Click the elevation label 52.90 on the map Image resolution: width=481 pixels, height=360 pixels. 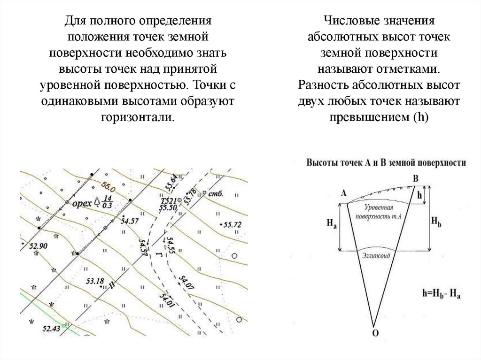(39, 245)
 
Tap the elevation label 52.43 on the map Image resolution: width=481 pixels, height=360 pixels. (52, 328)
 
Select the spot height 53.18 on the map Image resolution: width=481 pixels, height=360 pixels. (95, 281)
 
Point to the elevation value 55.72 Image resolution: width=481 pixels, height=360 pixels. (233, 225)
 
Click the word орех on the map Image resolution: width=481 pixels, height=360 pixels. (83, 203)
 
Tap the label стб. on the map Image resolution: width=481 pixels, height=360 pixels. (216, 193)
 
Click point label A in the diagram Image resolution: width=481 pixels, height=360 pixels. (343, 192)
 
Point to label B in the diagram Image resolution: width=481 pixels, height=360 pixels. (415, 178)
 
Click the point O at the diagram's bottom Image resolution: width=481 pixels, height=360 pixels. (374, 333)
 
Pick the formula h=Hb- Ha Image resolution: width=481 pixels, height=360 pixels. (441, 294)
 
